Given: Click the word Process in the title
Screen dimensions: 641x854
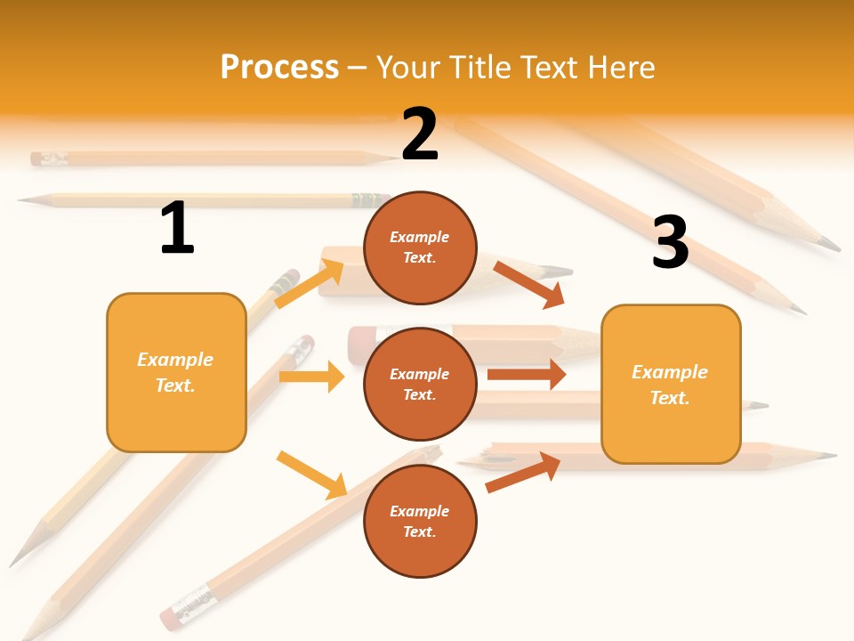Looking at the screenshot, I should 279,67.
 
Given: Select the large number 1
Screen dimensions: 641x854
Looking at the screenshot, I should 177,228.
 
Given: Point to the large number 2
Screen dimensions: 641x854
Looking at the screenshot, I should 420,134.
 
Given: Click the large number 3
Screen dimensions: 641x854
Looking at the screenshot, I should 670,242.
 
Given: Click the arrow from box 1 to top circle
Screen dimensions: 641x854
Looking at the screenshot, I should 309,283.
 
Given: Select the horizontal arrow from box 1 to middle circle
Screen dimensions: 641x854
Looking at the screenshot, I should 311,377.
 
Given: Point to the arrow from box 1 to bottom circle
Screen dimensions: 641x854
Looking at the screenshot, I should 311,474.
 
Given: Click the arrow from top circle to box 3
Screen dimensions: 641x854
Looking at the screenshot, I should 529,284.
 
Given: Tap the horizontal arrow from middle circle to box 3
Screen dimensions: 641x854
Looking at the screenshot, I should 526,374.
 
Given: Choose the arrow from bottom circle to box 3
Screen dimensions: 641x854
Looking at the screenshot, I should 523,472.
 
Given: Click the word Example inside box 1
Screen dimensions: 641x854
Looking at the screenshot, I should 175,360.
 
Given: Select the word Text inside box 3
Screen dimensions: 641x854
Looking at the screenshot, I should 668,398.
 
